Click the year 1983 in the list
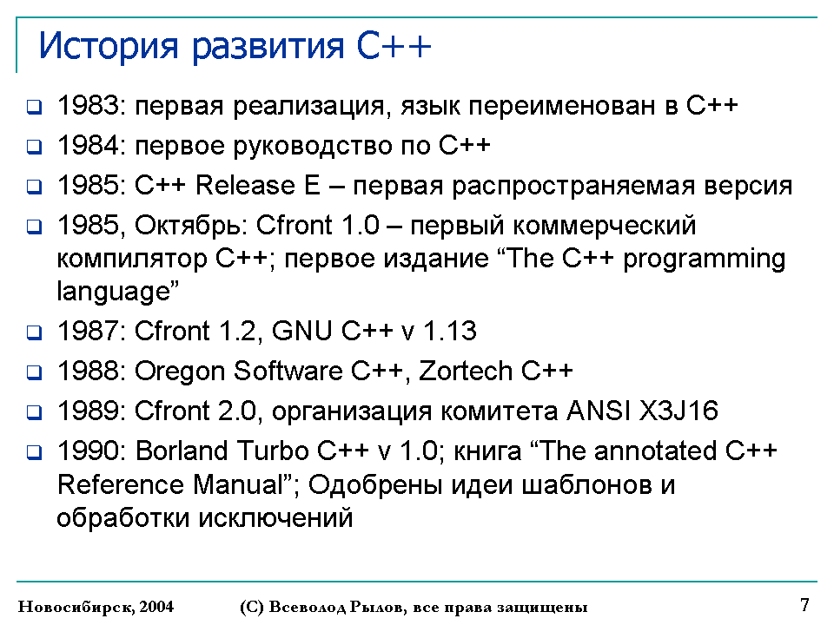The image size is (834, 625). [89, 105]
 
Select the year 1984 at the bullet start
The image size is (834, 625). [89, 145]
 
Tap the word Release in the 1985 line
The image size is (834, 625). [245, 185]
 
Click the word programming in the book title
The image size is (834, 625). [704, 260]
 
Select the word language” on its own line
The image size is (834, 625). [117, 292]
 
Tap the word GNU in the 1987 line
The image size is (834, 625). [302, 331]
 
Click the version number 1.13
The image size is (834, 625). [449, 331]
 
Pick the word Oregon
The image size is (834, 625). [180, 372]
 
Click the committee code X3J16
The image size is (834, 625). [678, 411]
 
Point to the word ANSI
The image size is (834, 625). [598, 411]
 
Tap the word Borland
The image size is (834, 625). [182, 451]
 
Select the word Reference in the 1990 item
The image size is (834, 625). [120, 484]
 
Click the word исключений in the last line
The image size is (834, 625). [275, 517]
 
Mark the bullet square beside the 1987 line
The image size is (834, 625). [34, 332]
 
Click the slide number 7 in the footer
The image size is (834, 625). [804, 605]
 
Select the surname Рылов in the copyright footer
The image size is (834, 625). [377, 607]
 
